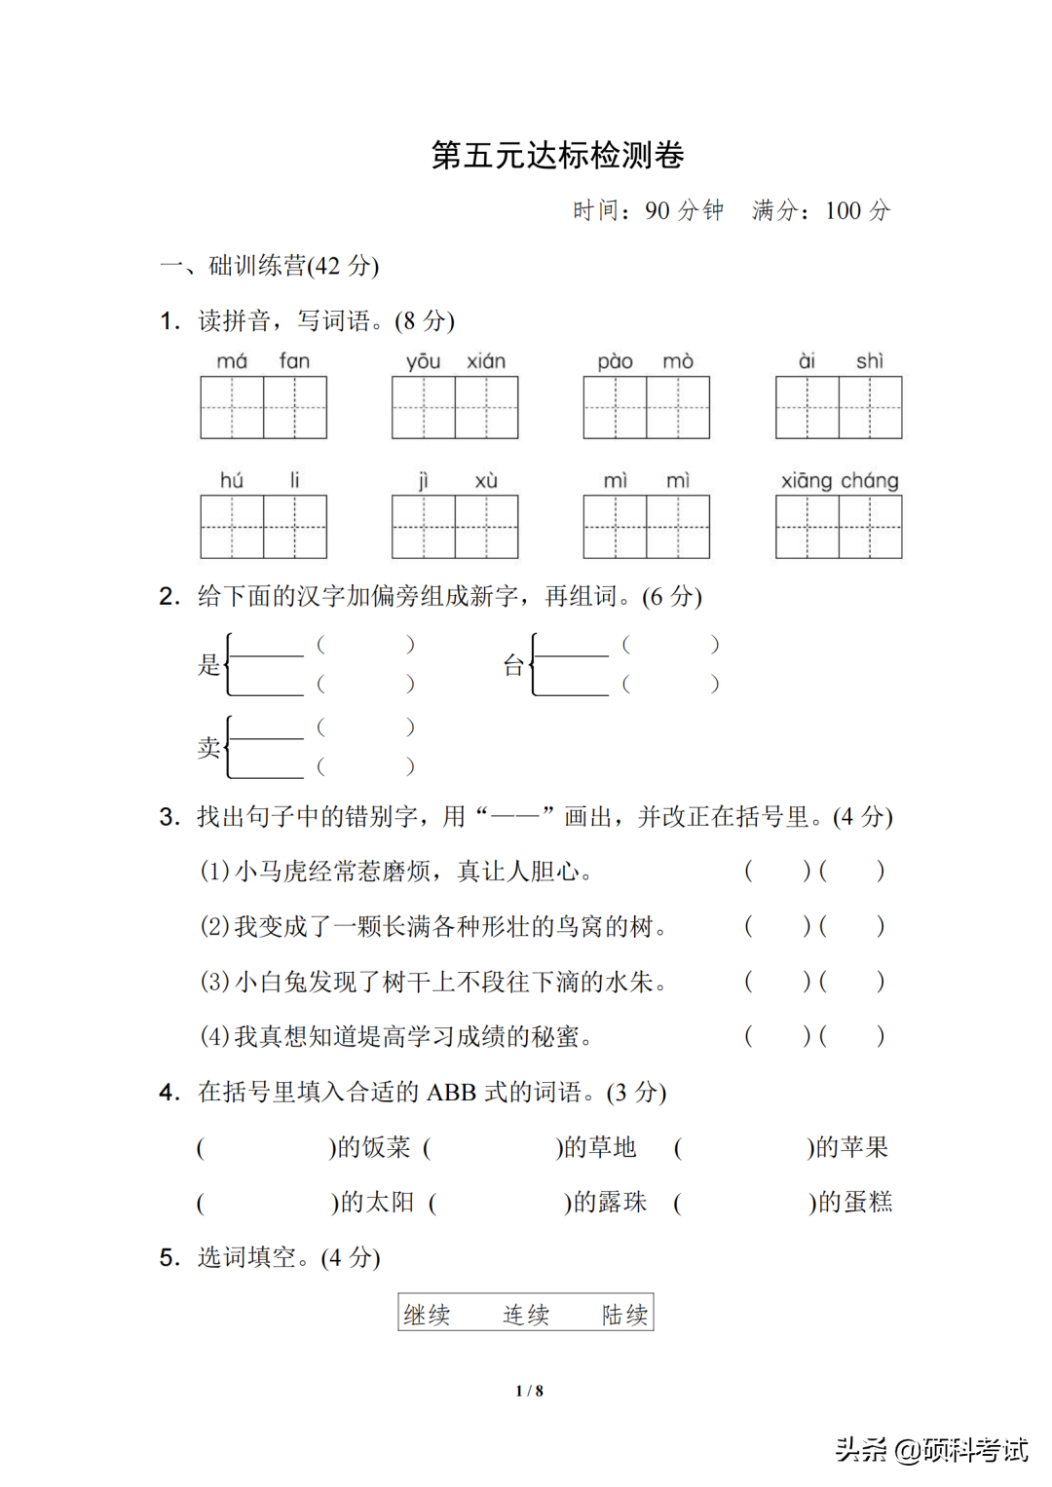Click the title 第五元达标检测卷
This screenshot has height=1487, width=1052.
pyautogui.click(x=557, y=156)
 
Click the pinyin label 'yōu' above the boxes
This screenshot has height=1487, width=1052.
pyautogui.click(x=424, y=361)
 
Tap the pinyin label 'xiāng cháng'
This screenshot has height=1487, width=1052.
pyautogui.click(x=840, y=480)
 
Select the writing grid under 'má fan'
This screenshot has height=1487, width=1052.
pyautogui.click(x=263, y=408)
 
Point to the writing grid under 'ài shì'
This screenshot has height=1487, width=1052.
pyautogui.click(x=839, y=408)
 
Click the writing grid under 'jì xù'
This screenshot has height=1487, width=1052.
pyautogui.click(x=455, y=527)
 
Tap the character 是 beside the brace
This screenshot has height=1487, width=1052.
pyautogui.click(x=209, y=665)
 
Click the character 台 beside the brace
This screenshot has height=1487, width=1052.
pyautogui.click(x=513, y=665)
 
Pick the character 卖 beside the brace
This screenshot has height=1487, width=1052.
pyautogui.click(x=209, y=748)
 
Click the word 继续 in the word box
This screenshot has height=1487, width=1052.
pyautogui.click(x=428, y=1315)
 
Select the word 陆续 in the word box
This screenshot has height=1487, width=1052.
pyautogui.click(x=624, y=1315)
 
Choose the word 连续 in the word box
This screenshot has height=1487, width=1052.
pyautogui.click(x=526, y=1315)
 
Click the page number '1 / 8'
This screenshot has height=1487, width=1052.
pyautogui.click(x=529, y=1391)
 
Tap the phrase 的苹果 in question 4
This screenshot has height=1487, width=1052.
pyautogui.click(x=851, y=1147)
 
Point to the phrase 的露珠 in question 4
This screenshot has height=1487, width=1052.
pyautogui.click(x=610, y=1203)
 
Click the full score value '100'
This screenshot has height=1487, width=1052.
pyautogui.click(x=843, y=211)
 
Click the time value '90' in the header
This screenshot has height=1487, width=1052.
pyautogui.click(x=657, y=211)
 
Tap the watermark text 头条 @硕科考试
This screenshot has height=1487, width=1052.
pyautogui.click(x=931, y=1450)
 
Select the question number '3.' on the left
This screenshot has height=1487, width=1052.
pyautogui.click(x=169, y=817)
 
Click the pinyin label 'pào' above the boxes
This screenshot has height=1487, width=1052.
pyautogui.click(x=616, y=361)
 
